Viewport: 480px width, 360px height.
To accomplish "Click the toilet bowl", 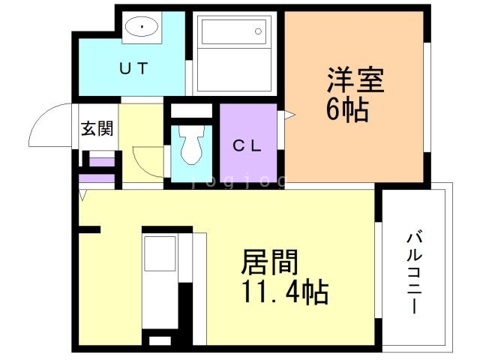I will click(190, 145).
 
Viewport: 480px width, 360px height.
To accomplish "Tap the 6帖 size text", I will click(346, 111).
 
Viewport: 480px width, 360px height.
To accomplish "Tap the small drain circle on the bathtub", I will click(258, 31).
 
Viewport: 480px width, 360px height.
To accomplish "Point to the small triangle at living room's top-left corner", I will click(83, 195).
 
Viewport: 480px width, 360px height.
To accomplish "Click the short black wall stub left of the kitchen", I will click(89, 229).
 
